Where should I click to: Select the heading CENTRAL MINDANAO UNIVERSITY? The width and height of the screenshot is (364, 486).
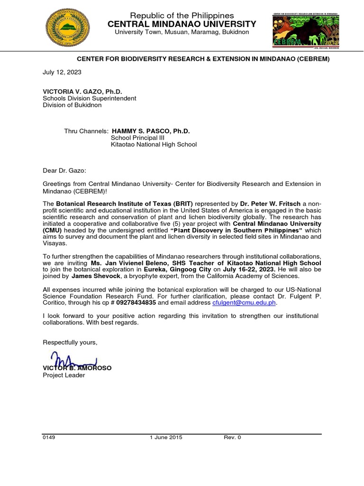coord(182,24)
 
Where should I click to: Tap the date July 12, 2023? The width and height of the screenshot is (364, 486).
coord(62,72)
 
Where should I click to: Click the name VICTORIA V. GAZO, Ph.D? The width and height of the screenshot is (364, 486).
coord(79,91)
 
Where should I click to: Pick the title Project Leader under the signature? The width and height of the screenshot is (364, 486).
coord(64,375)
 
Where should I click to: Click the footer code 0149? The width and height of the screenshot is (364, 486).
coord(49,437)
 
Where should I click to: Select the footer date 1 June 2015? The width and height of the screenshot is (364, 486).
coord(165,437)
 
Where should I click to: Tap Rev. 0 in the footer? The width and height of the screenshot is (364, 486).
coord(232,437)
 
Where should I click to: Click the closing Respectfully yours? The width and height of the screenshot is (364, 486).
coord(70,343)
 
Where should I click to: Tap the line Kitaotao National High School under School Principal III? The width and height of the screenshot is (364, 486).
coord(154,145)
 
